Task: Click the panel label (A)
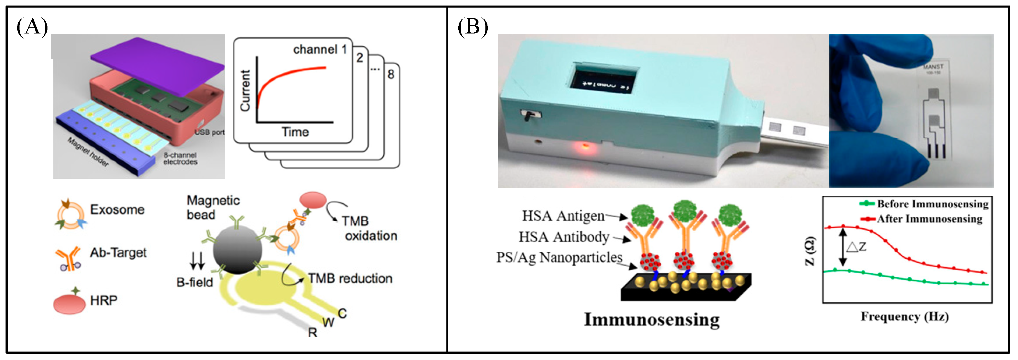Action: click(x=32, y=27)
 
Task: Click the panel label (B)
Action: click(x=472, y=27)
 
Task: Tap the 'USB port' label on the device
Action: click(x=209, y=132)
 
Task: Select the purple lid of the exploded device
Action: click(x=158, y=65)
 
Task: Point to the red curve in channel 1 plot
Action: click(x=284, y=75)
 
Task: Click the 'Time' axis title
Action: click(x=295, y=132)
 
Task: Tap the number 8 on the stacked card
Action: click(x=390, y=74)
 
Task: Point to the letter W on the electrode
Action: click(x=328, y=322)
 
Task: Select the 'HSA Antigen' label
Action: click(x=563, y=216)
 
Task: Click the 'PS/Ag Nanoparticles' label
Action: click(x=559, y=257)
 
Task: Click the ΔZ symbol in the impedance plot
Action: click(x=856, y=247)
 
